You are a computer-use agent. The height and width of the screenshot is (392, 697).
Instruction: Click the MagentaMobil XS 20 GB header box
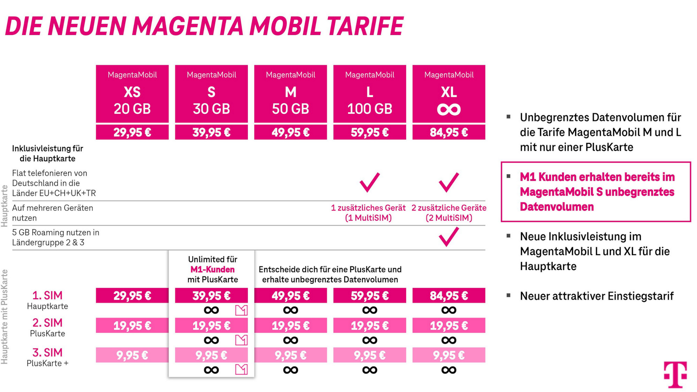132,93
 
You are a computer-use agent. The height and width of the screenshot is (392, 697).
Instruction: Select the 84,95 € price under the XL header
449,132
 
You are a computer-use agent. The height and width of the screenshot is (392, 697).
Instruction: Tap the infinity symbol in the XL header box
449,110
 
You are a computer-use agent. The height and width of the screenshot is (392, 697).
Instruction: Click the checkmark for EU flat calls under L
369,182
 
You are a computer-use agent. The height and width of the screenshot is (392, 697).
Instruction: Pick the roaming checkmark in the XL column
449,237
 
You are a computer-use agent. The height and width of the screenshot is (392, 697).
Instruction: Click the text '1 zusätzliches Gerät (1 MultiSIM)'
368,213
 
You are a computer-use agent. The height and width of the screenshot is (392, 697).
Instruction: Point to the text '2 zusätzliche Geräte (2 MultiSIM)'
449,213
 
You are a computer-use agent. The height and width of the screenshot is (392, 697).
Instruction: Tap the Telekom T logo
675,374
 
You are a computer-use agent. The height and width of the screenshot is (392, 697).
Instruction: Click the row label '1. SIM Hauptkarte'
47,300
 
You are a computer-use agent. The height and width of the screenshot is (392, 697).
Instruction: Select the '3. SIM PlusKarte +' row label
47,357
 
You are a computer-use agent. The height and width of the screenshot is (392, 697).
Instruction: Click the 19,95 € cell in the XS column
132,325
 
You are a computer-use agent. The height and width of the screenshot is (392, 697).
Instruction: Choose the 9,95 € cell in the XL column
449,355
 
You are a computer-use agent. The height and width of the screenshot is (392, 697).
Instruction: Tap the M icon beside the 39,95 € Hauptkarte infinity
241,310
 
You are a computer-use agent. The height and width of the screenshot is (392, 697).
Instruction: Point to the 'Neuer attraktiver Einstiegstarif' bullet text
597,296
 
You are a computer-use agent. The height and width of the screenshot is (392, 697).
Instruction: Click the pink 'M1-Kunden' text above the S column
213,269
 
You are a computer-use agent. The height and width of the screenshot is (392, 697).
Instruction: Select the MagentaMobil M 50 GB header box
290,93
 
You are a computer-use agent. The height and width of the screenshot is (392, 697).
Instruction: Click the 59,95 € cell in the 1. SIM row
369,295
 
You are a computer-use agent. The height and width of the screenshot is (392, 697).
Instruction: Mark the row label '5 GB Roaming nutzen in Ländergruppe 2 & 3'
56,237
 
